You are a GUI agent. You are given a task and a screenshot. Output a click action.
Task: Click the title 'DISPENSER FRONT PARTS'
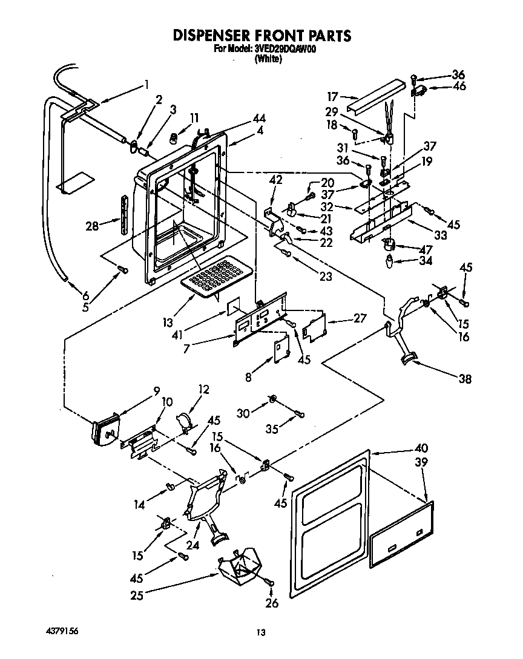261,35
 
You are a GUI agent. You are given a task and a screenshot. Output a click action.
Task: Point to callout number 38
464,379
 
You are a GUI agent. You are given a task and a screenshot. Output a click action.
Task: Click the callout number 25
137,595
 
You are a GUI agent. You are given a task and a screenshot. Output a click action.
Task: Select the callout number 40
421,448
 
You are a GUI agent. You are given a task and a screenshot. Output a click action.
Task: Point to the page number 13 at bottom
261,632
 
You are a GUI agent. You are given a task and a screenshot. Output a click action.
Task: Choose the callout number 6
85,295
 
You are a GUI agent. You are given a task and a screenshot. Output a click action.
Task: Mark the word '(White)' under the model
268,59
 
